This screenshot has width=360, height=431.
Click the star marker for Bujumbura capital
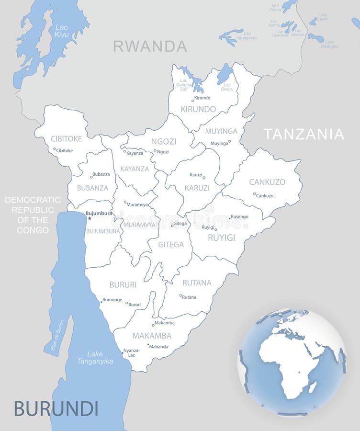coord(90,218)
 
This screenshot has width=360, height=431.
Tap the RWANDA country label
coord(150,46)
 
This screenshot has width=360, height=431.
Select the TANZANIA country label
coord(304,134)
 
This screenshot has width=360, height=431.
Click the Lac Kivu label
coord(61,31)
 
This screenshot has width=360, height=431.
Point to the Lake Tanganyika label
coord(95,358)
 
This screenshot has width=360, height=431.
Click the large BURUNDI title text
coord(56,408)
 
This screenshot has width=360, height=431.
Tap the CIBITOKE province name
coord(66,139)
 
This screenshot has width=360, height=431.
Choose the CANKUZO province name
coord(267,182)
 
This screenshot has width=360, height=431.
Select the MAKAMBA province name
coord(152,336)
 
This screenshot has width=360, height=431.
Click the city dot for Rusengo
coord(230,218)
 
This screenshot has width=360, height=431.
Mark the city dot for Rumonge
coord(101,302)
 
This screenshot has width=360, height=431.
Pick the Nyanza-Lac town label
coord(132,353)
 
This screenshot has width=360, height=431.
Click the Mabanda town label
coord(159,347)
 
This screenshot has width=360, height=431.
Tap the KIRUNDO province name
coord(198,109)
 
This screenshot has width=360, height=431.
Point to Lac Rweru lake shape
coord(225,74)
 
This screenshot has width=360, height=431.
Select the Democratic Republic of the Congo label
coord(33,215)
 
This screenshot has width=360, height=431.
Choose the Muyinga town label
coord(219,143)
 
